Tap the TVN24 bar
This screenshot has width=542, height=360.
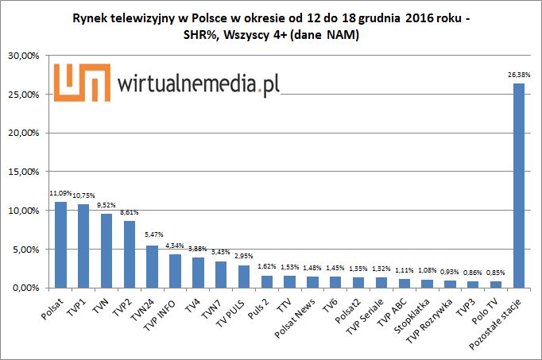click(x=152, y=266)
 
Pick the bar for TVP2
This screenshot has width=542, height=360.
click(x=129, y=254)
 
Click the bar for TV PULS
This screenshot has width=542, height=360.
click(x=243, y=276)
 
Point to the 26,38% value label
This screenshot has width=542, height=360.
click(x=518, y=75)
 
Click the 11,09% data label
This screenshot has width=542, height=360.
click(x=60, y=193)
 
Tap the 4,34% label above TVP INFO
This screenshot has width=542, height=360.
click(x=175, y=245)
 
